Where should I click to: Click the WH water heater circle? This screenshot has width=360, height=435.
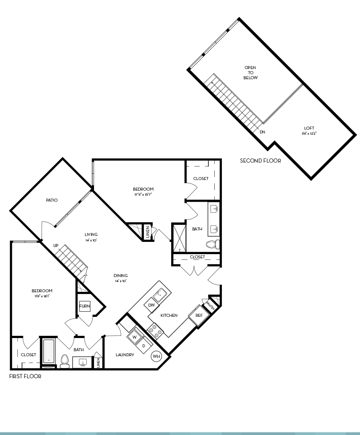click(156, 356)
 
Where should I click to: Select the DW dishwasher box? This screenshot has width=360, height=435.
click(151, 305)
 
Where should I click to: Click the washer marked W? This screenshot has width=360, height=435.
click(135, 337)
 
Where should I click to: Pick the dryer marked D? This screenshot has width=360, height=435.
click(144, 346)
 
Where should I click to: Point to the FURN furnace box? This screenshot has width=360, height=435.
click(84, 306)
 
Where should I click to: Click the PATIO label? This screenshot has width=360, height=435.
click(52, 200)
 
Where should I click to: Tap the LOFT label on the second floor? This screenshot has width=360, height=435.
click(309, 128)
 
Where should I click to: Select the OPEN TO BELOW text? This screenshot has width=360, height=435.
click(250, 73)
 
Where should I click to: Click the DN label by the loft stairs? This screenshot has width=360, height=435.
click(262, 132)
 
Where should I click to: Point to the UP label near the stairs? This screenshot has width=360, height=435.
click(55, 245)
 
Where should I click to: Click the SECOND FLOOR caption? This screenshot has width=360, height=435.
click(260, 161)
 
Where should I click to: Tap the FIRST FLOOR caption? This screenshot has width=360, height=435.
click(25, 376)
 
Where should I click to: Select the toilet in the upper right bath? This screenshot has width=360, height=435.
click(212, 244)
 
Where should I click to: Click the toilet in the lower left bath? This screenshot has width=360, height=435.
click(64, 360)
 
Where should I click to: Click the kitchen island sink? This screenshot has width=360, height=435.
click(161, 293)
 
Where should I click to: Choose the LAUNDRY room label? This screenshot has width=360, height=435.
click(125, 355)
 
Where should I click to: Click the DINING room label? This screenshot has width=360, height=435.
click(121, 275)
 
